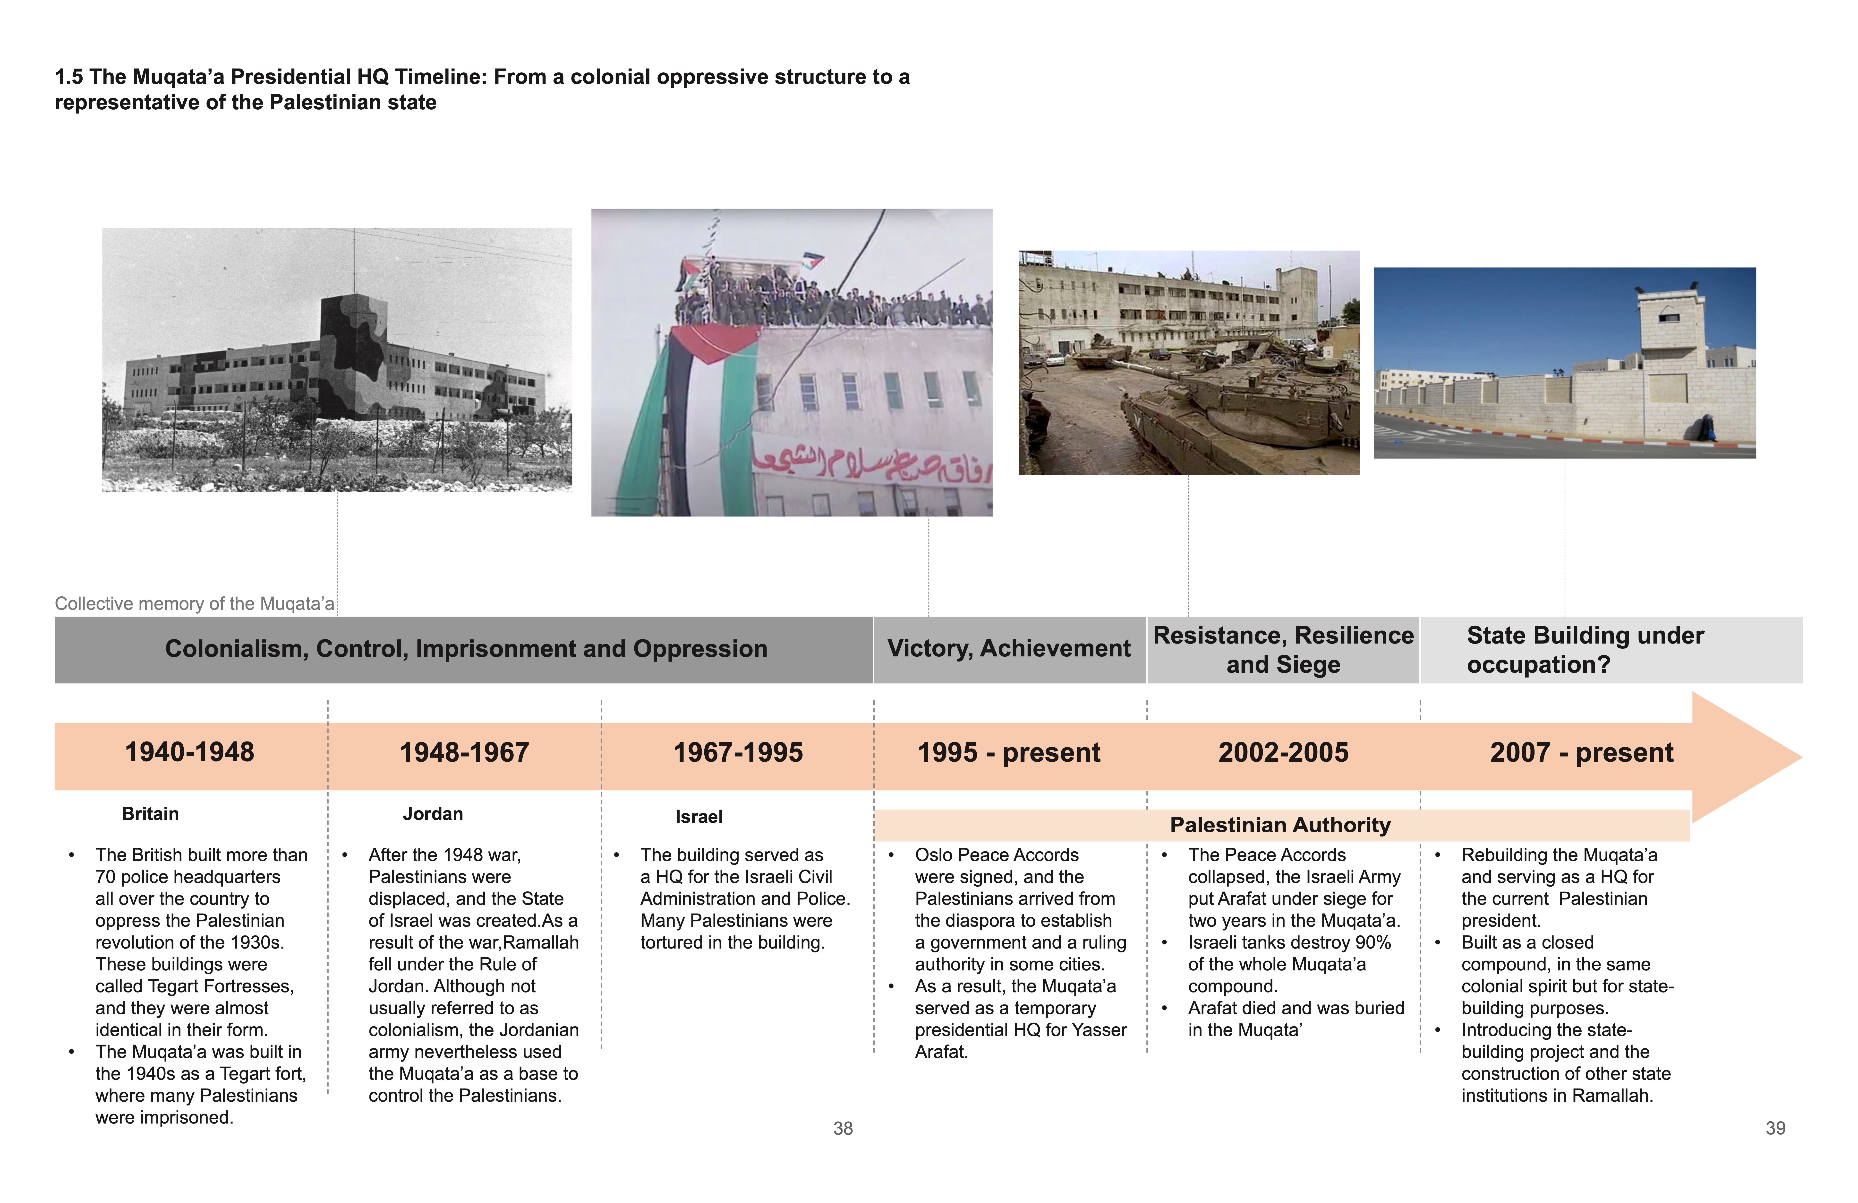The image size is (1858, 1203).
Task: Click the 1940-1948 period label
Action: coord(190,752)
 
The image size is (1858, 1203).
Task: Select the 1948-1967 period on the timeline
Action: coord(464,752)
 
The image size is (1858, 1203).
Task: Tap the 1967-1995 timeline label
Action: coord(738,752)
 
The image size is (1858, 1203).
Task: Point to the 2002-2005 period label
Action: coord(1283,752)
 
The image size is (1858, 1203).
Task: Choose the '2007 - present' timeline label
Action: coord(1581,752)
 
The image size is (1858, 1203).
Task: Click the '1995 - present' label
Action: coord(1009,752)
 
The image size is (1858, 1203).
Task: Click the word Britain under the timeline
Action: coord(150,814)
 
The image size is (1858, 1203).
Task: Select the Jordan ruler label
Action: coord(433,814)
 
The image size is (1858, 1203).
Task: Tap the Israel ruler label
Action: coord(699,817)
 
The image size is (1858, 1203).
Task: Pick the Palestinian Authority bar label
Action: coord(1280,825)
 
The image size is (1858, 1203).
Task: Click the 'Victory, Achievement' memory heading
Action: coord(1009,648)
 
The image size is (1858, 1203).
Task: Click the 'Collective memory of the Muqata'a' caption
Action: coord(194,604)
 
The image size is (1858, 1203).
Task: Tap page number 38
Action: coord(843,1129)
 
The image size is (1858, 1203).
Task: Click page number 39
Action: coord(1775,1129)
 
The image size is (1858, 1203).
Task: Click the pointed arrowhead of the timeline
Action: coord(1756,756)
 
